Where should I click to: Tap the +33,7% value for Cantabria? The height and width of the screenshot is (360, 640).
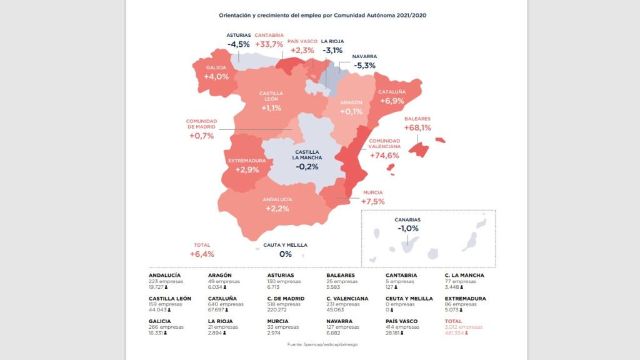click(x=269, y=44)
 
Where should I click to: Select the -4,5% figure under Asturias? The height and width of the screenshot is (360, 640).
click(x=238, y=44)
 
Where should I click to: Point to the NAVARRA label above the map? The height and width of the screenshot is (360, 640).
click(x=364, y=56)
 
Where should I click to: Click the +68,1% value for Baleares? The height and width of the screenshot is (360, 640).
click(x=417, y=127)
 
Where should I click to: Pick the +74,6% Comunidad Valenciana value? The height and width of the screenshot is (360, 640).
click(x=384, y=156)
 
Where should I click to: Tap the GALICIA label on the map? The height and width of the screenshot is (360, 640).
click(x=216, y=67)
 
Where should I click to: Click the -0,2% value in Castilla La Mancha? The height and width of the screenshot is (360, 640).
click(x=307, y=167)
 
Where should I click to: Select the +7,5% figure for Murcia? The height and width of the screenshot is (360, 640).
click(x=372, y=201)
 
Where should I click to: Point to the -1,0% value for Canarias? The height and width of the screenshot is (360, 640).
click(x=407, y=229)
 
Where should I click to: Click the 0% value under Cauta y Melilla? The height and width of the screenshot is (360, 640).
click(x=286, y=254)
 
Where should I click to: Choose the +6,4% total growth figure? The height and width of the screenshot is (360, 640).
click(x=202, y=254)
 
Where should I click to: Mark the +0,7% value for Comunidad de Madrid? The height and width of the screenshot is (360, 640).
click(x=201, y=136)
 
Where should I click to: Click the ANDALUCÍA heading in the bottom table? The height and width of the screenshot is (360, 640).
click(x=165, y=275)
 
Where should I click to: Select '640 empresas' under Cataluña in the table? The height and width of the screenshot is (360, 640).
click(x=222, y=305)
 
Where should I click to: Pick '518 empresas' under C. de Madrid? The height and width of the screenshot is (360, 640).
click(x=282, y=305)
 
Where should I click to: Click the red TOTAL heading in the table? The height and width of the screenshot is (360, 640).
click(x=454, y=321)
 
